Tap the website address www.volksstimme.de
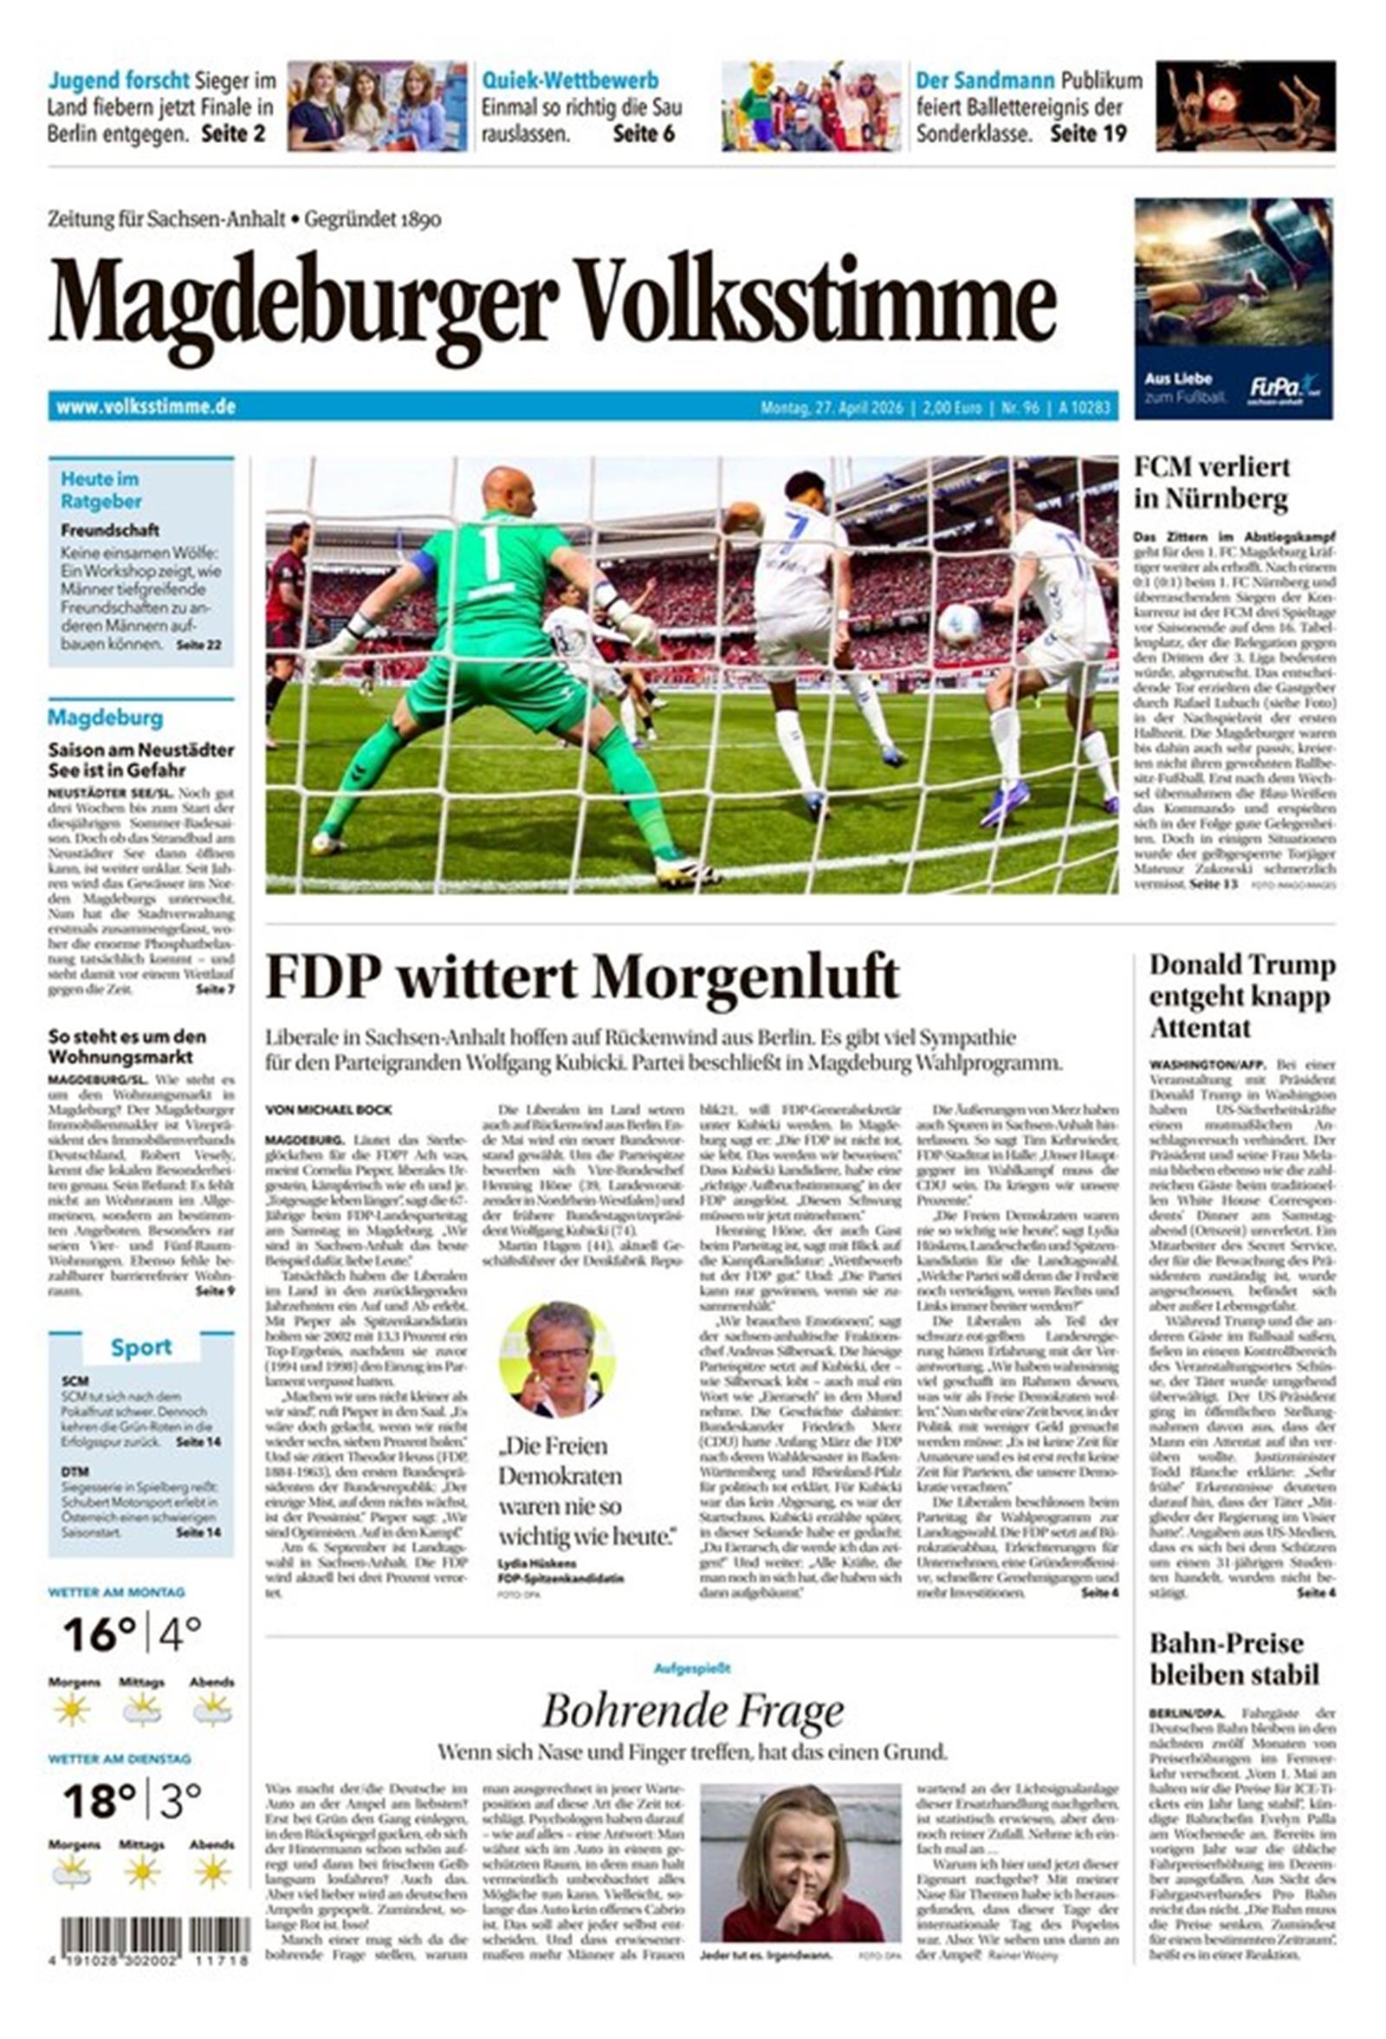click(x=146, y=407)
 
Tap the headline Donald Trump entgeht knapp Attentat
click(x=1241, y=996)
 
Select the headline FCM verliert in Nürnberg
click(x=1211, y=483)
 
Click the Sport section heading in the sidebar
click(x=140, y=1347)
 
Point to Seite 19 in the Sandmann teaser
click(x=1088, y=134)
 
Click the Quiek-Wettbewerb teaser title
click(x=569, y=81)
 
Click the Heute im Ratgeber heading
click(x=100, y=490)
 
